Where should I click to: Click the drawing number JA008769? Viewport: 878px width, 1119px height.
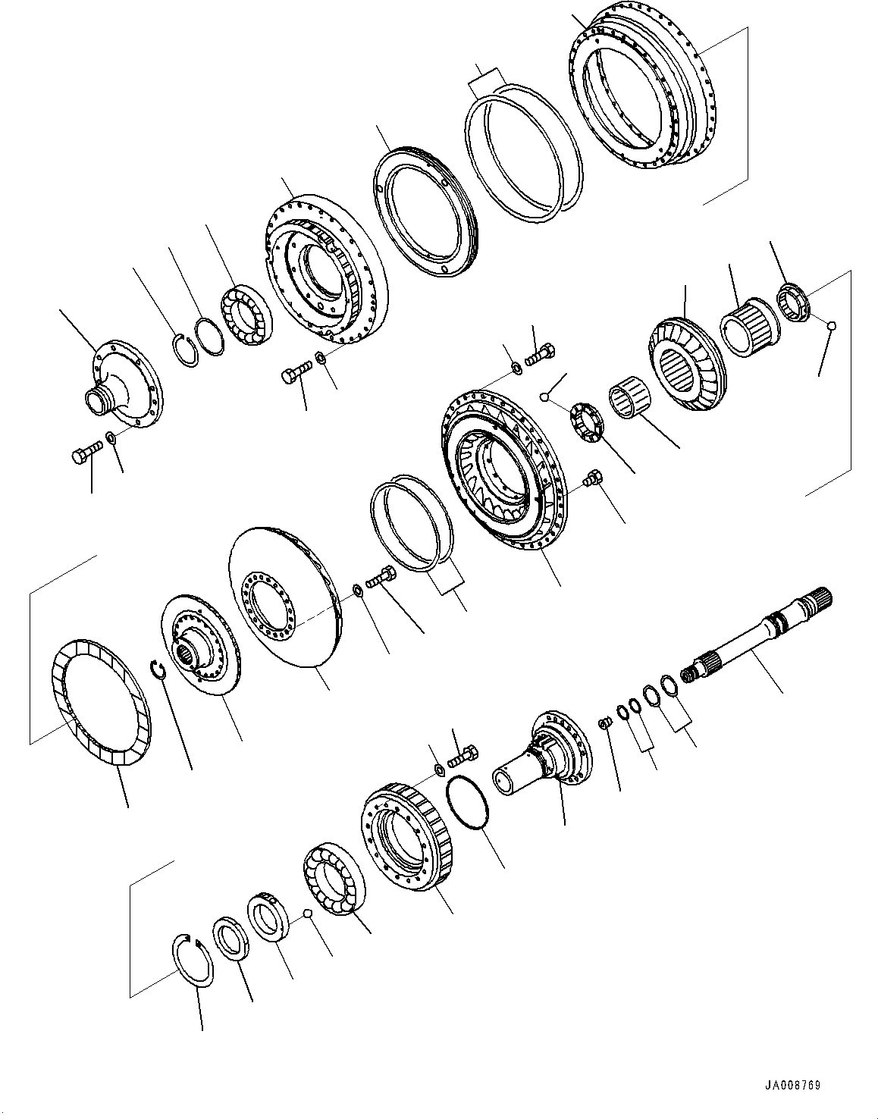pyautogui.click(x=793, y=1086)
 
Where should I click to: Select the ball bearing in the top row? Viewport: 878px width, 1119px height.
pyautogui.click(x=246, y=315)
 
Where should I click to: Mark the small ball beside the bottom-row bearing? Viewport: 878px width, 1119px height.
pyautogui.click(x=307, y=914)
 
